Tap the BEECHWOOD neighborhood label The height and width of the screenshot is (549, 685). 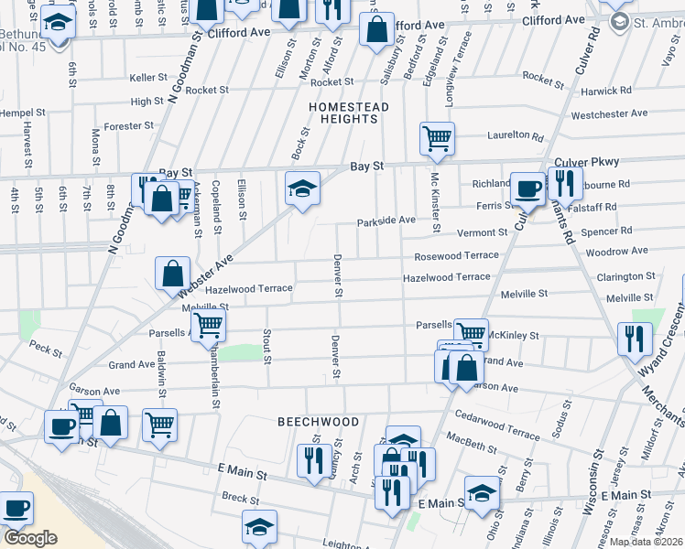[x=319, y=422]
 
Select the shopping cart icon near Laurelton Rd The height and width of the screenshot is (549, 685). [x=438, y=138]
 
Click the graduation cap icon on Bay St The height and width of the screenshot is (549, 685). [x=302, y=188]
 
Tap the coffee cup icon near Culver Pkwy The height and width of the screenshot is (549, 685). [x=527, y=188]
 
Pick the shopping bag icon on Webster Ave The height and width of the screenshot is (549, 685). [x=172, y=273]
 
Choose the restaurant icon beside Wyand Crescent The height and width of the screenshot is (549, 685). [x=635, y=338]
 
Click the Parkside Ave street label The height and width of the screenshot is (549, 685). [x=386, y=221]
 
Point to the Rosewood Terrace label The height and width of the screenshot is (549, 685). [x=456, y=256]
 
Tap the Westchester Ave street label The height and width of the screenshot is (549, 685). [x=608, y=114]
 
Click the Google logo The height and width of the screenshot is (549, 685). [x=30, y=538]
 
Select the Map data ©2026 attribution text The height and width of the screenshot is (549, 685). [x=647, y=542]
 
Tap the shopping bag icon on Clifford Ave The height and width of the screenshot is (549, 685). [x=376, y=29]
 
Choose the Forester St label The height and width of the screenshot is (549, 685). [x=128, y=126]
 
